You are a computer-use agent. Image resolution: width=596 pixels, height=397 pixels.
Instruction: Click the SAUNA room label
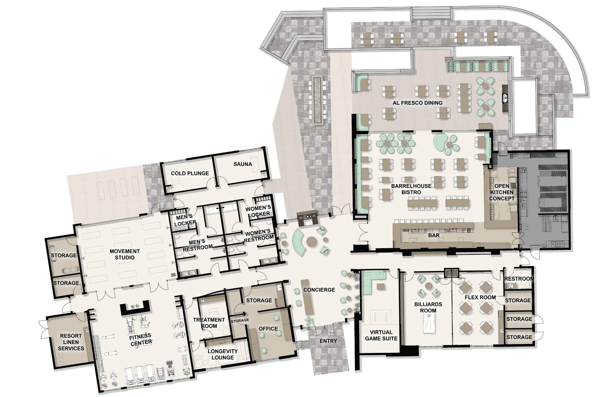pos(243,164)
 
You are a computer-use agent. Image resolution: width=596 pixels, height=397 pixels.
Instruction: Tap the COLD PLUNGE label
pos(190,173)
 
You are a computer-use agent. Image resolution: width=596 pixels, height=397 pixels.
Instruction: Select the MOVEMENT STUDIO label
pos(125,254)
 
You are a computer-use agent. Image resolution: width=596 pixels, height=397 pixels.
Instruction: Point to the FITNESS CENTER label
pos(140,339)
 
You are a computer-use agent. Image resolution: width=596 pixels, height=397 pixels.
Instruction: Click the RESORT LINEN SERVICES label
pos(71,342)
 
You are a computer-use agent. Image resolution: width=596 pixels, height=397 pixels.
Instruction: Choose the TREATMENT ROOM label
pos(209,323)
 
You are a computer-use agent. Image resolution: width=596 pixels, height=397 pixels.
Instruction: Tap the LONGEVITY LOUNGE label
pos(223,354)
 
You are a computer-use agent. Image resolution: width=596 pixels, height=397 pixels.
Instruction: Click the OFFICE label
pos(268,329)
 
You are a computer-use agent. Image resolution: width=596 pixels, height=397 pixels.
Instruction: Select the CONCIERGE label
pos(319,290)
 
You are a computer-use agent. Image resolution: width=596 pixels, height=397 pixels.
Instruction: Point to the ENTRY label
pos(328,341)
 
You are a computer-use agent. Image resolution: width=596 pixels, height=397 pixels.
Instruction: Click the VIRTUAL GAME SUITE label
pos(381,335)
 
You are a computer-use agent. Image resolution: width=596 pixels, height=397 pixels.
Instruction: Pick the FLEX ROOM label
pos(480,298)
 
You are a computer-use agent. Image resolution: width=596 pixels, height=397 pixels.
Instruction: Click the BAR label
pos(434,235)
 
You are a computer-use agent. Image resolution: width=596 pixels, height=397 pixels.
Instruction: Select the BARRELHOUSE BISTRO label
pos(411,189)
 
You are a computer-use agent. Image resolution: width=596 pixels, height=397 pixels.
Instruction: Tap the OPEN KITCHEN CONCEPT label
pos(501,192)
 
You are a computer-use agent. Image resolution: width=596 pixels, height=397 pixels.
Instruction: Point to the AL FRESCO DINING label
pos(417,103)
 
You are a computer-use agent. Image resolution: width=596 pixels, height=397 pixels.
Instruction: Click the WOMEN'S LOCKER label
pos(258,211)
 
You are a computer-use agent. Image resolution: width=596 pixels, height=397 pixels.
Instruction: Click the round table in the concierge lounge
pos(311,241)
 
